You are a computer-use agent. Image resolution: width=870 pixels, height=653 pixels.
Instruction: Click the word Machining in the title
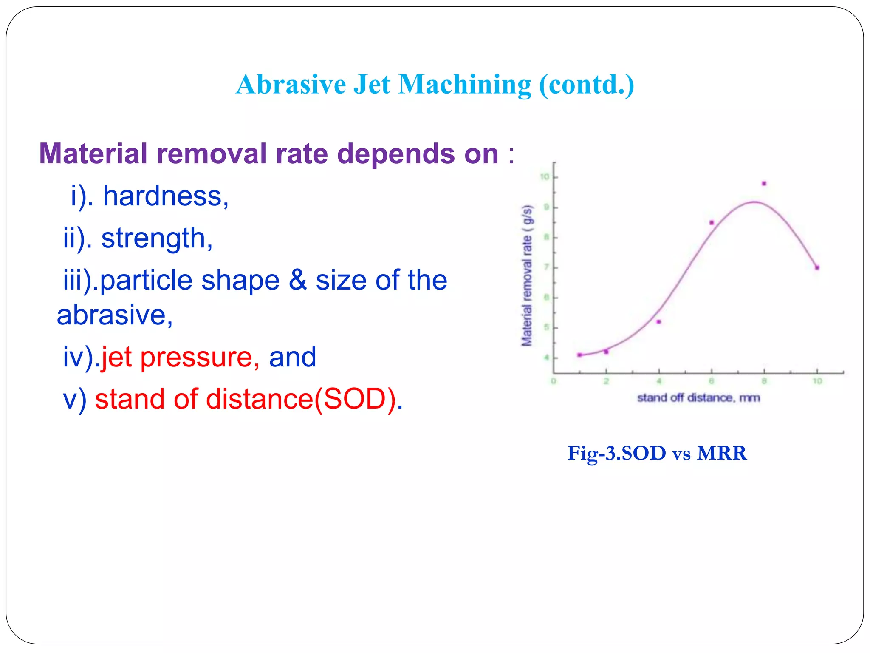pos(464,84)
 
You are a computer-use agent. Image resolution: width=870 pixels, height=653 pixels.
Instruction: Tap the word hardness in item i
pos(166,196)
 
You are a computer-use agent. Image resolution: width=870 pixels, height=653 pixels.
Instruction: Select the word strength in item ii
pos(156,238)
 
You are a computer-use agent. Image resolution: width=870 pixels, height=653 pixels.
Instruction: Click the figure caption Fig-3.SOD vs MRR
pos(657,453)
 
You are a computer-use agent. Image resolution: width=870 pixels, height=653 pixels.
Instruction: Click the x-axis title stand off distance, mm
pos(698,398)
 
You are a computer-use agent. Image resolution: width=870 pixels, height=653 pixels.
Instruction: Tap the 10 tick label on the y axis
pos(544,177)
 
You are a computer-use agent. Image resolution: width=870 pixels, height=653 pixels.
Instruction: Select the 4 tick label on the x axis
pos(659,381)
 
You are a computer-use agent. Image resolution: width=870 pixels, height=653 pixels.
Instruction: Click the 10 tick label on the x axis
pos(817,381)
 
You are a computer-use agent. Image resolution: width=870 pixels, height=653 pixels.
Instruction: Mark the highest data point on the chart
pos(764,184)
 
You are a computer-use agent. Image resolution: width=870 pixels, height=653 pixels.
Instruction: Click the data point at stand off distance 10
pos(817,267)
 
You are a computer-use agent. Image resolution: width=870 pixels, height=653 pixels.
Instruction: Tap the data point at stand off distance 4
pos(658,322)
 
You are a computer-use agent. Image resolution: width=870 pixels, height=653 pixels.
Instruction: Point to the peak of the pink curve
pos(754,202)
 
